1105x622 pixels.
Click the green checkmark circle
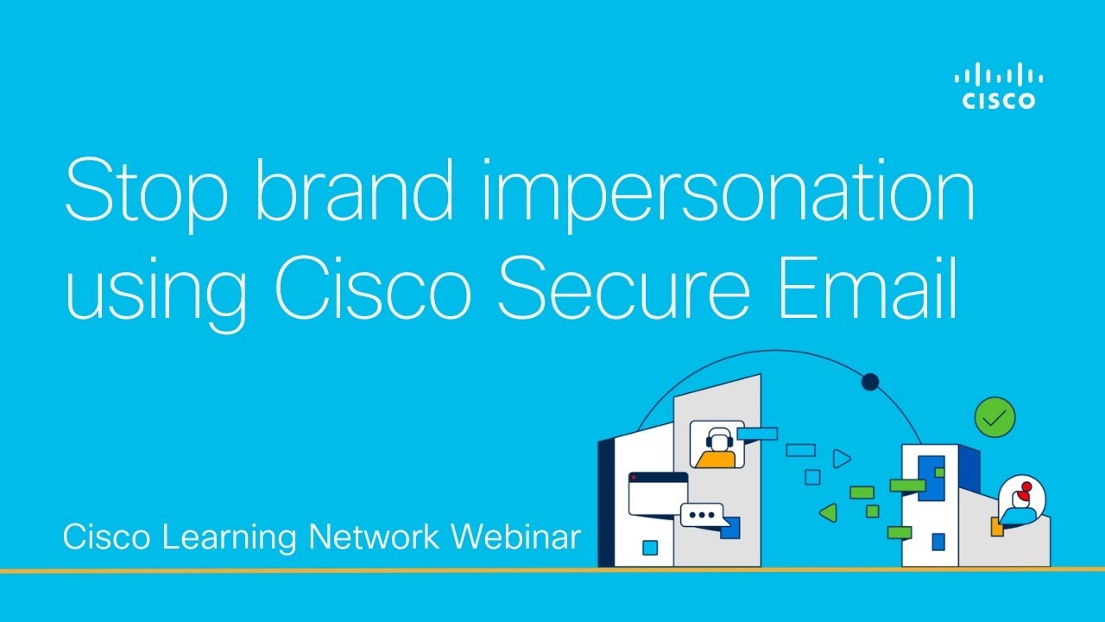[x=994, y=418]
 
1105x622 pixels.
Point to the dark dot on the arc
[x=870, y=382]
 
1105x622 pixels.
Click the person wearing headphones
[x=716, y=446]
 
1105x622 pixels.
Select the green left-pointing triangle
[x=828, y=513]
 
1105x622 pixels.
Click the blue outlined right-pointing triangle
[x=841, y=459]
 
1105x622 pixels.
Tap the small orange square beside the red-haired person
[x=997, y=527]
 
